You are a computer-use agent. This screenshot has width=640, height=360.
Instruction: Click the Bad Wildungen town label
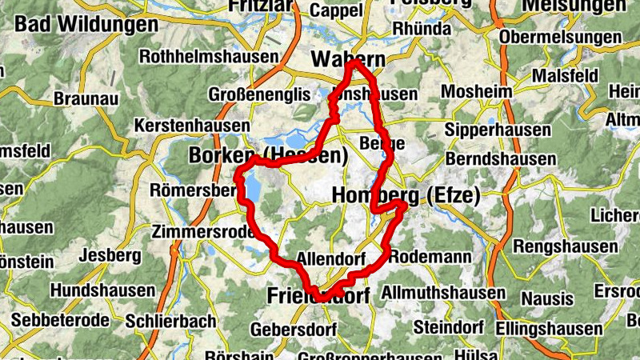point(86,24)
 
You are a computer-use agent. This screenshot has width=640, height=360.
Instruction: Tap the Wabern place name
point(348,59)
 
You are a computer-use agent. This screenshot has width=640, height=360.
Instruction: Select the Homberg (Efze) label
point(405,195)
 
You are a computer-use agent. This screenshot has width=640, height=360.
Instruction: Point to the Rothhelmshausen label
point(209,57)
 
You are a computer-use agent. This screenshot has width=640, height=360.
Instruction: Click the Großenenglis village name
point(258,94)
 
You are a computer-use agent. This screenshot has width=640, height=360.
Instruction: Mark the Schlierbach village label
point(170,321)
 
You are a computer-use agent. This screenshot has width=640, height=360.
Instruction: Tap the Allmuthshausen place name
point(443,294)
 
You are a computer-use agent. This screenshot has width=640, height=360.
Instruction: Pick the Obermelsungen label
point(559,37)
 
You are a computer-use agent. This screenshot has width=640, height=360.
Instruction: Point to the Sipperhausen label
point(498,129)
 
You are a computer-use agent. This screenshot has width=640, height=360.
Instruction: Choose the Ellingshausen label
point(548,328)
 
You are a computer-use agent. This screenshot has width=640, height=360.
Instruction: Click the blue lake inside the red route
point(254,189)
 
